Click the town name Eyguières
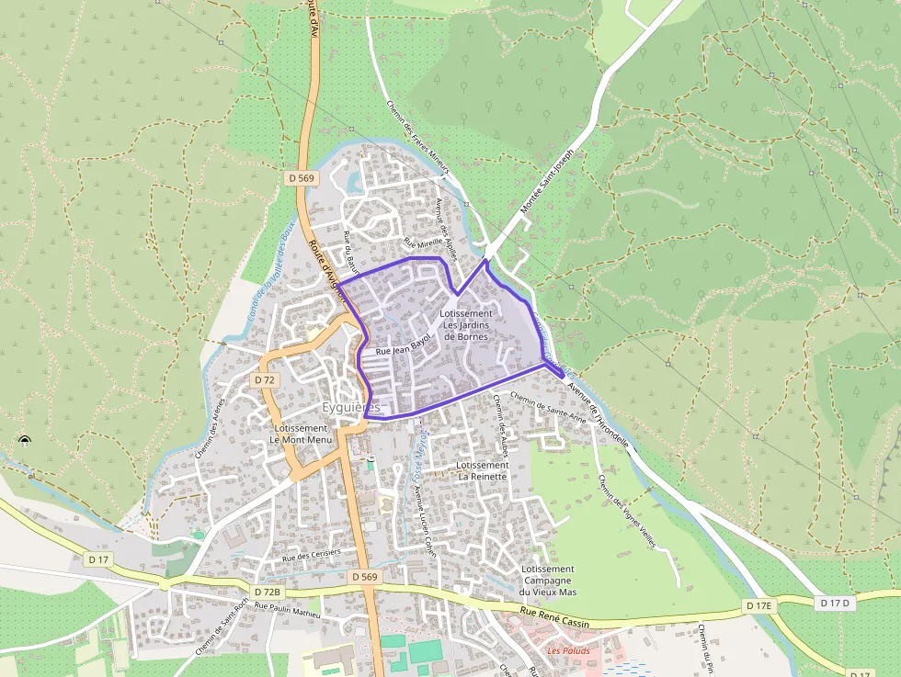click(x=351, y=407)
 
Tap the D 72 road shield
click(x=265, y=379)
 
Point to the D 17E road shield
click(x=758, y=605)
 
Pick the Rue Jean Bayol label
click(x=403, y=348)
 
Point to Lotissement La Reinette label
click(x=482, y=471)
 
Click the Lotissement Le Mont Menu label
click(x=301, y=434)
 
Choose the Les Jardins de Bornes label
click(x=466, y=325)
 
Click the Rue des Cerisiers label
click(x=311, y=555)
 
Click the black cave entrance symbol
click(x=24, y=442)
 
